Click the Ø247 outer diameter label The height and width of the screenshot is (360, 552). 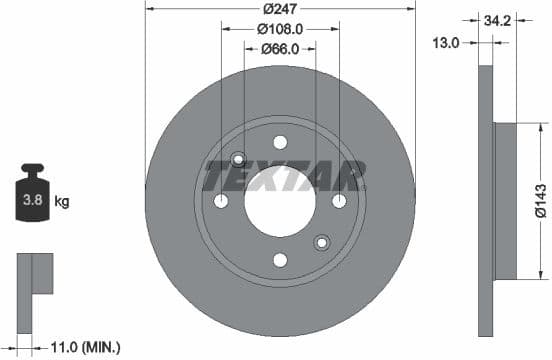point(280,9)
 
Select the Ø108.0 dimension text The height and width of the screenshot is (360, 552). point(280,29)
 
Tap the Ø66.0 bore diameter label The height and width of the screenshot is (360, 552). point(281,48)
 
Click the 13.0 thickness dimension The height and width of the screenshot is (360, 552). point(447,42)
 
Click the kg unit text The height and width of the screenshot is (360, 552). point(61,201)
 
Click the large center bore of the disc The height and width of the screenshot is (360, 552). point(280,200)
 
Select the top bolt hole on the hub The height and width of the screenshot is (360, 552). point(280,141)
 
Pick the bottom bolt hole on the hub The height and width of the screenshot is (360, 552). point(280,260)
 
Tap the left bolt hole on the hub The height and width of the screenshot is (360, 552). point(221,201)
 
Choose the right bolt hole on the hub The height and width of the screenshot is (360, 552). point(339,201)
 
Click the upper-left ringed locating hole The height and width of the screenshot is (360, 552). point(238,159)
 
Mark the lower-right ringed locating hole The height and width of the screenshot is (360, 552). point(322,242)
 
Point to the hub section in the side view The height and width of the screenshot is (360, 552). point(505,201)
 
